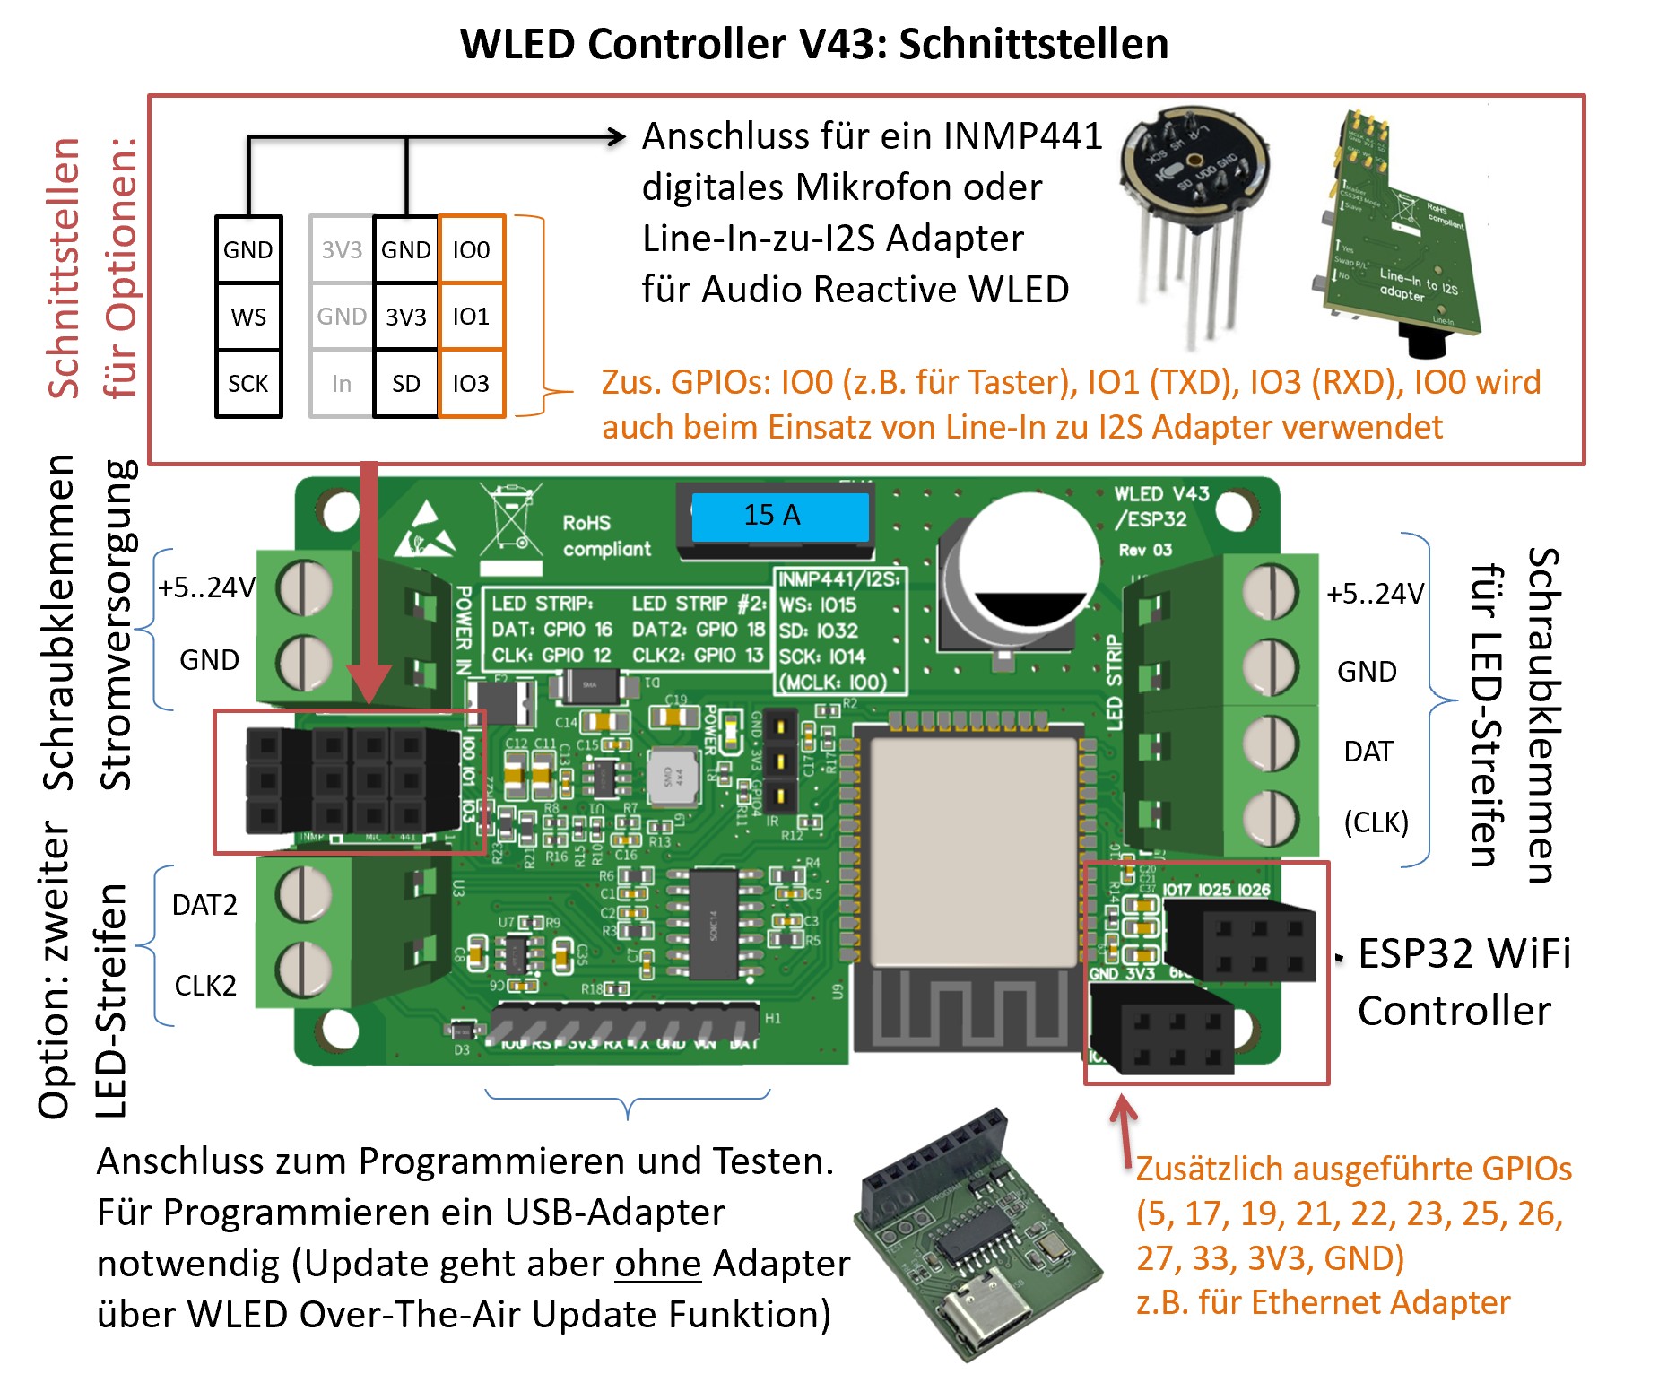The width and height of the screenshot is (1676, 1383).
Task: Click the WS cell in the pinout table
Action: [248, 317]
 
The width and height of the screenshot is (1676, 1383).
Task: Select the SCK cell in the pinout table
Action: [248, 384]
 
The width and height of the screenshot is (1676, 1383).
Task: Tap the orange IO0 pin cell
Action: [471, 249]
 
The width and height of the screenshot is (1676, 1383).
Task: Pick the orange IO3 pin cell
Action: [471, 384]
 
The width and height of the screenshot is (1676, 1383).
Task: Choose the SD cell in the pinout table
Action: [406, 384]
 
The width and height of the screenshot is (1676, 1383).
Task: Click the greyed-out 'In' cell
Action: [342, 384]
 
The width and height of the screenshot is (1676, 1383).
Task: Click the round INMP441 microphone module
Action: [1194, 170]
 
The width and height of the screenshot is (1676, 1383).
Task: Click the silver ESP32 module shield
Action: [973, 852]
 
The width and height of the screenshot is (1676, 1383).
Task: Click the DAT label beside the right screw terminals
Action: [1368, 752]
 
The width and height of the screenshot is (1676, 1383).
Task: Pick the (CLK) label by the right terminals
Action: [1376, 822]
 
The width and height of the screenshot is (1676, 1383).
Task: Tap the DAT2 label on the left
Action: [204, 905]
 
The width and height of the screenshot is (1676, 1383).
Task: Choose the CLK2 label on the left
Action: [205, 986]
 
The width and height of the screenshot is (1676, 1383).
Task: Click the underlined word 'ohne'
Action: [657, 1264]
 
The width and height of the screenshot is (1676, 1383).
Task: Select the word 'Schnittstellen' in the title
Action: [1033, 44]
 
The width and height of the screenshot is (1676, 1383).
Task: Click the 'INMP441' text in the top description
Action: [1022, 136]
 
